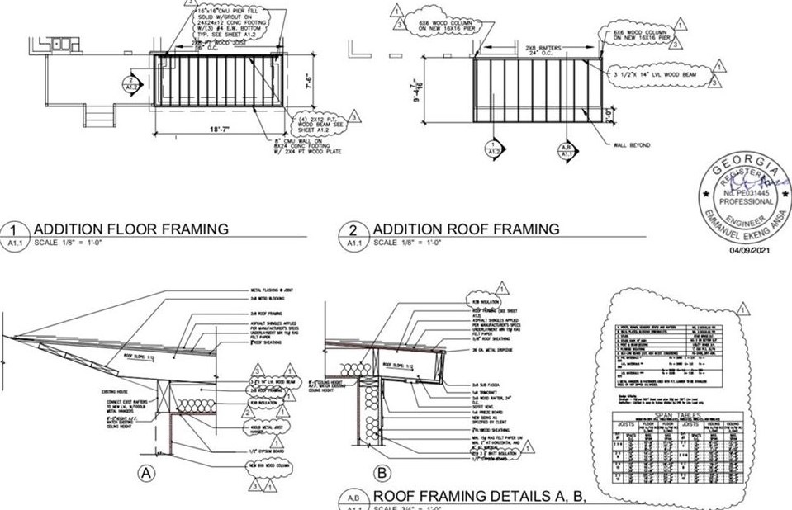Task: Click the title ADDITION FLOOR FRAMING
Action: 130,229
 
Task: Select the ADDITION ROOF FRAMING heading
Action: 466,229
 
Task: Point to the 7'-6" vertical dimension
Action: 307,83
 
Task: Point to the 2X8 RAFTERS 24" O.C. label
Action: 543,52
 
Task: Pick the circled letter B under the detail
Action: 382,474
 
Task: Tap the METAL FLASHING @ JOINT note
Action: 276,291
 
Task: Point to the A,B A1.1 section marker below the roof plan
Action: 567,149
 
